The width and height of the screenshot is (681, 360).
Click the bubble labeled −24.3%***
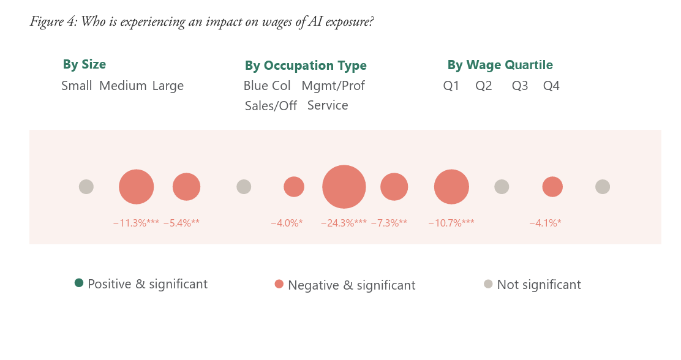[x=344, y=187]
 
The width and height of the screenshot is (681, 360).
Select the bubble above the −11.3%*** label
[x=137, y=187]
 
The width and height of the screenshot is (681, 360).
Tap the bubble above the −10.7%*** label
[x=452, y=187]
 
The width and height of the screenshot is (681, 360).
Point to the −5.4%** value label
[x=181, y=223]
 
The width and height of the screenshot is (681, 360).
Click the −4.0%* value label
[x=287, y=223]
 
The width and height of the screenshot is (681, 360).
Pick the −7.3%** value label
[x=389, y=223]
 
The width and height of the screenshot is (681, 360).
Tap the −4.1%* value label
[x=545, y=223]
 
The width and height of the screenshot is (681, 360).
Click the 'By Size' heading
[x=85, y=64]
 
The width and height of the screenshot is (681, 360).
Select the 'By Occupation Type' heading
[x=306, y=66]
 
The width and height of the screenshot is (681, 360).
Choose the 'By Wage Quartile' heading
[x=500, y=65]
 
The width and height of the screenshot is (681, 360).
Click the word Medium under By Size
[x=123, y=86]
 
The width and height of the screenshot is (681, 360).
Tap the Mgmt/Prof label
[x=333, y=86]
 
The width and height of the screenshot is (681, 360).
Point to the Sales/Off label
[x=271, y=105]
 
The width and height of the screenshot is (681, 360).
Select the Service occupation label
[x=328, y=105]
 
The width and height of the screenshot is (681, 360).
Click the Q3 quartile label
[x=520, y=86]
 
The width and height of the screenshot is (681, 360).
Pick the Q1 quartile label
[x=451, y=86]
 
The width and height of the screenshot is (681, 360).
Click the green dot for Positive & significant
[x=79, y=283]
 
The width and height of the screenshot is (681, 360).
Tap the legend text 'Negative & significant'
[x=352, y=285]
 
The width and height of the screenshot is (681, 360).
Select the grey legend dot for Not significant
[x=488, y=284]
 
